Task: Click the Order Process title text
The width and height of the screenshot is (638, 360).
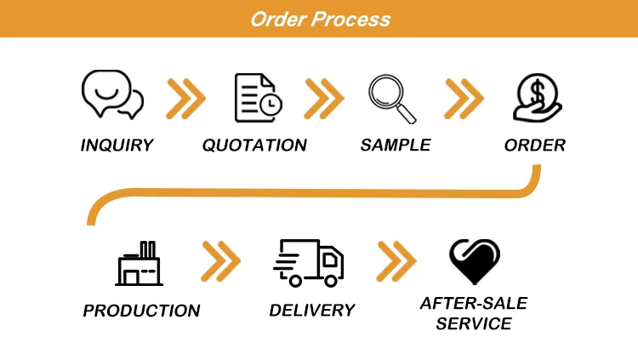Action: click(320, 19)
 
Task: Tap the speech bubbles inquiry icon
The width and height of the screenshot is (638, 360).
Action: click(111, 95)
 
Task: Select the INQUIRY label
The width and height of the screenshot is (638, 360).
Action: click(117, 146)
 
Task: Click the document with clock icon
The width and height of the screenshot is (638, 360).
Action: click(258, 98)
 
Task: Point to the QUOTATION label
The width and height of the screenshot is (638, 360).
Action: click(254, 146)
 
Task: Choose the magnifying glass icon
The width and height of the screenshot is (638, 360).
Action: click(391, 99)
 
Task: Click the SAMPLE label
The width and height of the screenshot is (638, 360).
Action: click(396, 146)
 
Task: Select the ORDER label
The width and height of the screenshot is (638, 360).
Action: click(535, 146)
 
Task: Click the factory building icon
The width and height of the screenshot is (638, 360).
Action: click(139, 263)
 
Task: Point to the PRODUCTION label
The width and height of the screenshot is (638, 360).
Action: click(141, 311)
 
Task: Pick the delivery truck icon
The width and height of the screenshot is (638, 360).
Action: click(309, 262)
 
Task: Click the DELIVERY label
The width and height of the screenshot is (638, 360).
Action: click(311, 311)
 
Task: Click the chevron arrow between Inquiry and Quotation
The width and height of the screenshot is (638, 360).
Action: click(185, 98)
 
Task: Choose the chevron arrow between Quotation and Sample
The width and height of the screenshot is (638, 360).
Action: click(324, 98)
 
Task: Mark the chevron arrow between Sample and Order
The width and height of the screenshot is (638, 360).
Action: click(464, 98)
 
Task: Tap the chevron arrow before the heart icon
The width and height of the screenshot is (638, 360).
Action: click(396, 261)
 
